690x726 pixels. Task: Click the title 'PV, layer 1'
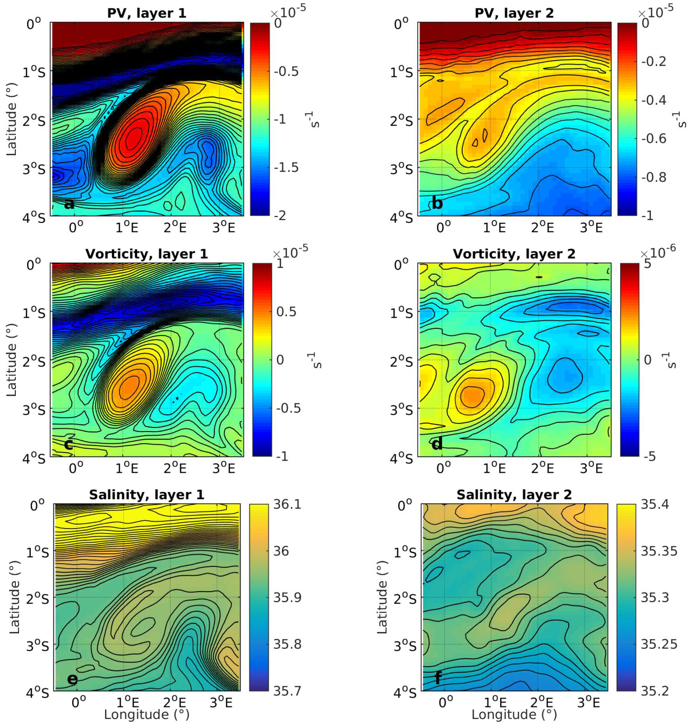coord(146,13)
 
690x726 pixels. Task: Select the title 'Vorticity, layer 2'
coord(514,254)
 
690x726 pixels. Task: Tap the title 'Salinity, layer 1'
coord(146,495)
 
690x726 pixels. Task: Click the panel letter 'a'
coord(69,203)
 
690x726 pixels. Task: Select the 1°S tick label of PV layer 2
coord(402,72)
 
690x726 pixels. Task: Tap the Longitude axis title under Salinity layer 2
coord(514,715)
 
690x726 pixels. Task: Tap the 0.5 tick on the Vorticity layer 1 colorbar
coord(286,312)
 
